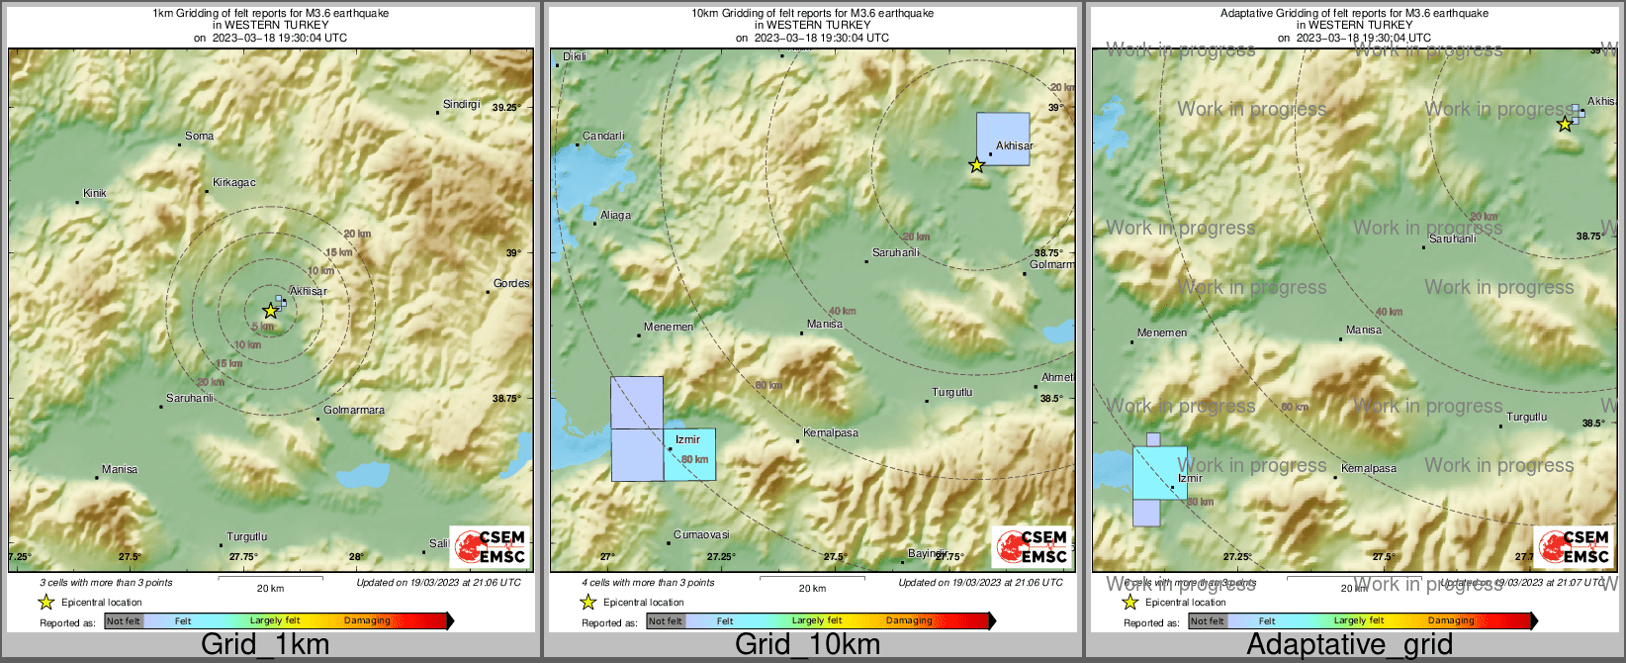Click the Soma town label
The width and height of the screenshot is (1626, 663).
[199, 137]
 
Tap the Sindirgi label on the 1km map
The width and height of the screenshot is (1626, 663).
[461, 105]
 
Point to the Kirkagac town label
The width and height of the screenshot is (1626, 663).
[234, 183]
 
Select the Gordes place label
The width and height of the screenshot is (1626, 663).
[511, 284]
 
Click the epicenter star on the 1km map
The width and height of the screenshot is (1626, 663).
[270, 311]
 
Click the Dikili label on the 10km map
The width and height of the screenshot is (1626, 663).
[574, 57]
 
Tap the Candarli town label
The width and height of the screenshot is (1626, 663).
[603, 137]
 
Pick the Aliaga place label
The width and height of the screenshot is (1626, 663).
[615, 216]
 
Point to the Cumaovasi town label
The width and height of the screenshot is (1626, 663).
[701, 535]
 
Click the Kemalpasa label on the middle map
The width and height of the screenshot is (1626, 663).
[831, 433]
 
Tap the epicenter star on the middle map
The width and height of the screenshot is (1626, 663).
[976, 165]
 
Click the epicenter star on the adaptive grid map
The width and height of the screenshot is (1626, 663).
[1564, 124]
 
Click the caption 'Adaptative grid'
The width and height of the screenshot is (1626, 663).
[1349, 644]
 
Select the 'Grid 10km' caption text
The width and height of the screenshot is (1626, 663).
[807, 644]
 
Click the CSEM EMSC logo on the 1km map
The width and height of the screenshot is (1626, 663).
[491, 546]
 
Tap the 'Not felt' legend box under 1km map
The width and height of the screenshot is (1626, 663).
[124, 621]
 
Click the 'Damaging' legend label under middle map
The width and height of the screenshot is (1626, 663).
[909, 621]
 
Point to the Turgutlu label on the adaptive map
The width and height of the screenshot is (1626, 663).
[1527, 418]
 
